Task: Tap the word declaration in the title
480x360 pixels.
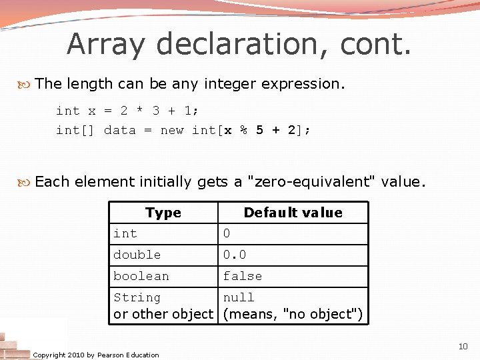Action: click(x=244, y=45)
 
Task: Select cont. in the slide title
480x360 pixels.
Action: click(x=376, y=45)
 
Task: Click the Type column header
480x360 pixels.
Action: click(x=163, y=213)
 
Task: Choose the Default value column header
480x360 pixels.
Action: click(x=293, y=213)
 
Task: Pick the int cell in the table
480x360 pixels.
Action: click(x=125, y=233)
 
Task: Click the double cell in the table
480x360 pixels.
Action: click(x=137, y=255)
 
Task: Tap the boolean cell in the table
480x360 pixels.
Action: click(x=141, y=276)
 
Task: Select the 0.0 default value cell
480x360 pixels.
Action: click(x=235, y=255)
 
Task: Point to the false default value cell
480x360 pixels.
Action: click(x=243, y=276)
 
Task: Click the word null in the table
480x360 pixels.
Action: click(x=239, y=297)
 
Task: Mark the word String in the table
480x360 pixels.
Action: click(x=137, y=297)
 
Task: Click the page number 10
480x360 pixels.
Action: click(x=463, y=347)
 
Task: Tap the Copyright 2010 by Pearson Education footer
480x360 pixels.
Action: click(x=96, y=355)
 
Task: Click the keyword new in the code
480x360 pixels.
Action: click(x=172, y=130)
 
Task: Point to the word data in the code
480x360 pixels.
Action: click(x=120, y=130)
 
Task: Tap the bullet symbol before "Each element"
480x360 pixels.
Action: click(x=26, y=181)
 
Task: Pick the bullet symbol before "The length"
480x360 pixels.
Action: click(x=26, y=84)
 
